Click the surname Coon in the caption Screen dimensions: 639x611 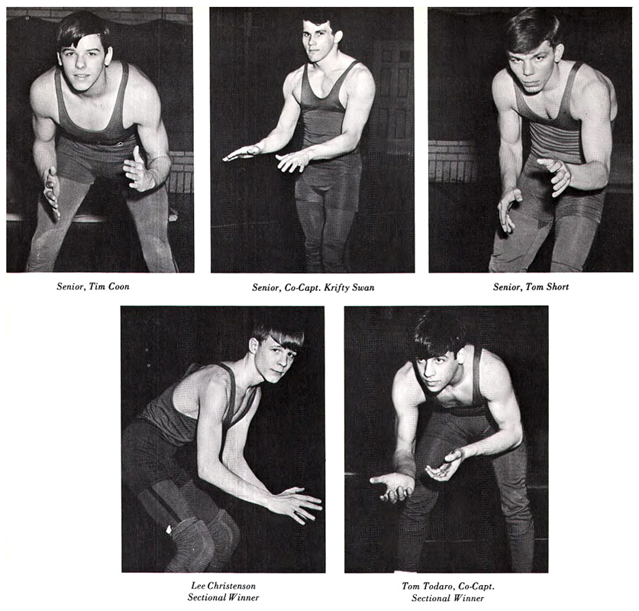[x=118, y=286]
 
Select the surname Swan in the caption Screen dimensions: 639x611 [x=364, y=287]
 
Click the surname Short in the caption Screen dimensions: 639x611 [x=557, y=286]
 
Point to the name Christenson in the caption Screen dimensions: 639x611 [x=231, y=586]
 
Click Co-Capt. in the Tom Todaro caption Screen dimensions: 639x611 [x=476, y=587]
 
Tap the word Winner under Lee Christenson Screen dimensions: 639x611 [x=244, y=597]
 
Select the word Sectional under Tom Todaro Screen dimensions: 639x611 [x=430, y=598]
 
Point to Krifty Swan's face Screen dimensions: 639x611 [x=316, y=40]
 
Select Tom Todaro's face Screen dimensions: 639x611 [x=439, y=370]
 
